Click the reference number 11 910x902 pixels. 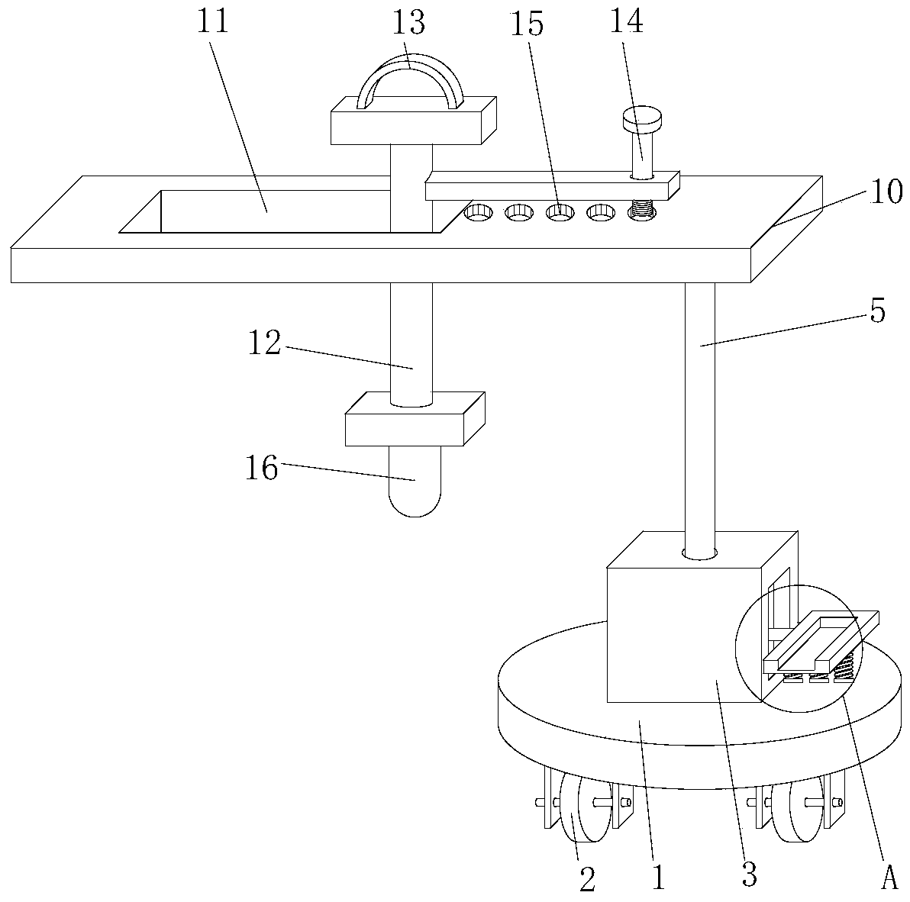(x=213, y=23)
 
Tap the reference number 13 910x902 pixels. (x=408, y=23)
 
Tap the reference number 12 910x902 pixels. (x=263, y=344)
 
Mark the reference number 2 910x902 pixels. (x=586, y=880)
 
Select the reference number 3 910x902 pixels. (x=750, y=874)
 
